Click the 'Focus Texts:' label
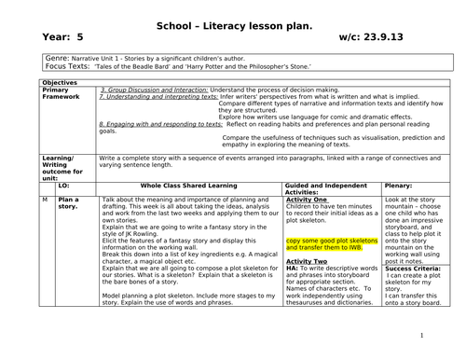click(68, 68)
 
